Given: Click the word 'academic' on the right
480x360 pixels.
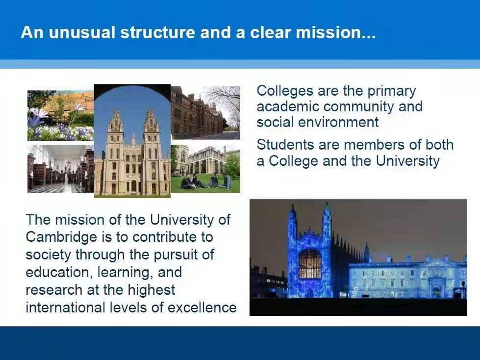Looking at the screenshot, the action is click(x=288, y=106).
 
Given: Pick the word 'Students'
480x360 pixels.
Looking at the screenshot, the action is click(x=285, y=145).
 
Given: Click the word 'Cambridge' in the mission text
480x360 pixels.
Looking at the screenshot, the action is click(x=61, y=237).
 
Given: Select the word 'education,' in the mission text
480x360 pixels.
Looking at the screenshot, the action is click(x=59, y=272).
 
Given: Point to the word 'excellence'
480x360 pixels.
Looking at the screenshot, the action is click(x=202, y=308).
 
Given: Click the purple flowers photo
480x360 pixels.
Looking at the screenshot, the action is click(x=61, y=115).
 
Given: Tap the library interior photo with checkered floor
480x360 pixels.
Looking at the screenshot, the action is click(x=61, y=169).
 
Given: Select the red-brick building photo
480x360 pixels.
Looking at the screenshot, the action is click(x=205, y=113).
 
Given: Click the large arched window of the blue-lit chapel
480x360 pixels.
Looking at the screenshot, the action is click(x=310, y=264).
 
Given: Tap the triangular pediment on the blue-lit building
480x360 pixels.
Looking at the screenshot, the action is click(x=438, y=263).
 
